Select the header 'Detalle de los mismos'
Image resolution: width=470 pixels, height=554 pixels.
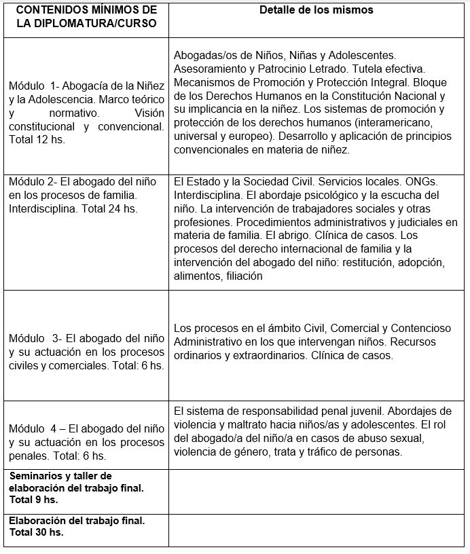317,11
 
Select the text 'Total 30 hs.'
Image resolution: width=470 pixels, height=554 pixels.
36,532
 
